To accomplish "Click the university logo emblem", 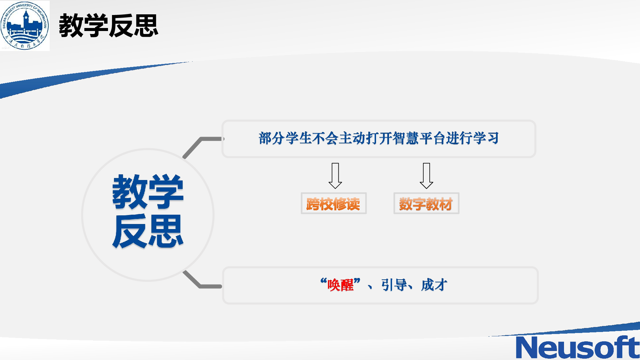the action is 25,26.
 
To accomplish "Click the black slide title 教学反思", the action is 108,26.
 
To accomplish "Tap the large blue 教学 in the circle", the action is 148,192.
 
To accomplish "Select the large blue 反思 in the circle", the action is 148,231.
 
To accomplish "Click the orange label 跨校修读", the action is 333,204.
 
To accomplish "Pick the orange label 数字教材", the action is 426,204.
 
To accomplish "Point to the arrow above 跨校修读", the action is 335,176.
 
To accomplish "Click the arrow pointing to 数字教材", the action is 426,176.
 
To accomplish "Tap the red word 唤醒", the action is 340,285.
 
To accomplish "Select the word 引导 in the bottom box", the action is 394,285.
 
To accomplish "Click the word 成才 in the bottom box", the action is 434,285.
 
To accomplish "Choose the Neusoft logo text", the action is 578,347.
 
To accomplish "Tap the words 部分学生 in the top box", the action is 285,138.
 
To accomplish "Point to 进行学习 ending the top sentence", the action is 473,138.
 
